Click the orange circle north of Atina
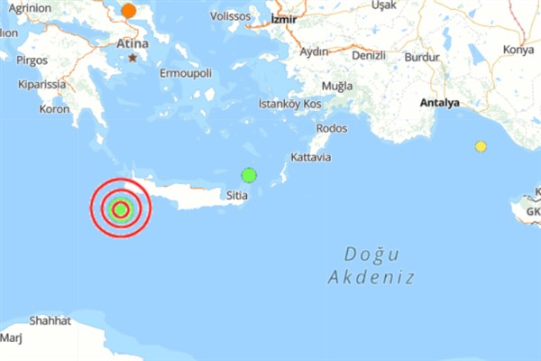[129, 11]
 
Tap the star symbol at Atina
[133, 58]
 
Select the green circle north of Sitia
[249, 175]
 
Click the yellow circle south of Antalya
[481, 146]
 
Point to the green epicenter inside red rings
[120, 210]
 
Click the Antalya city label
[439, 103]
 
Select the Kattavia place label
[311, 158]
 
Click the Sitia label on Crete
[237, 194]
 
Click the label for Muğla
[336, 87]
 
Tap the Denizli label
[369, 55]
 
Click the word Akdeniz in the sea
[372, 277]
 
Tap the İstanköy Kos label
[290, 104]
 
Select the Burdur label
[421, 56]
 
